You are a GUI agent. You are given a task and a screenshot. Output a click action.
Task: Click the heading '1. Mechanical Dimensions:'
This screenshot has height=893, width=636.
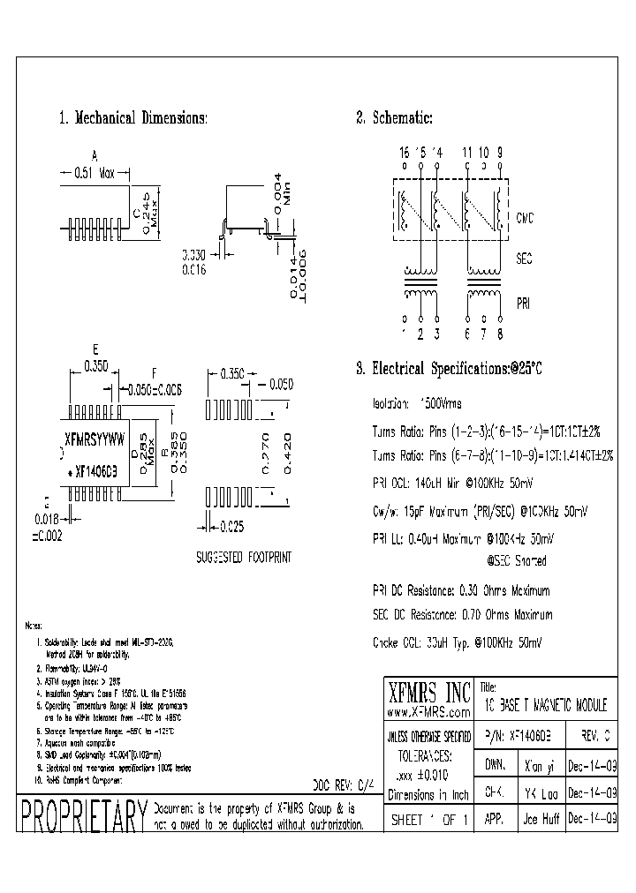(x=132, y=118)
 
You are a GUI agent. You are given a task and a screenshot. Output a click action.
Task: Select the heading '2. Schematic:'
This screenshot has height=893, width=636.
(x=394, y=118)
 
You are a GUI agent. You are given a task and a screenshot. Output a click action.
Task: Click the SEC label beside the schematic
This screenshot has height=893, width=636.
(x=524, y=259)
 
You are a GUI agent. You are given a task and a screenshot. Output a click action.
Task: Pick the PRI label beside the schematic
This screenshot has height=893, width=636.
(x=524, y=303)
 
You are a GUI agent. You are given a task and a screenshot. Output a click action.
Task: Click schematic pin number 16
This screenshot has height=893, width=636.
(x=405, y=153)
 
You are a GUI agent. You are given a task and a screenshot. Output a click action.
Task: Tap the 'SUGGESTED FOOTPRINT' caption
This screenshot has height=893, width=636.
(x=243, y=559)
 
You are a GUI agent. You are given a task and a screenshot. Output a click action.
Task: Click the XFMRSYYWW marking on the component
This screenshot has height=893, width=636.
(x=96, y=438)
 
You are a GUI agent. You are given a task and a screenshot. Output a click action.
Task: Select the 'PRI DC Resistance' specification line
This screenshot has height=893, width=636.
(x=461, y=590)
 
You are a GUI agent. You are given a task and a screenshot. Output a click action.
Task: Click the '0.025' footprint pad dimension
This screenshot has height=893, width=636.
(x=232, y=529)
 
